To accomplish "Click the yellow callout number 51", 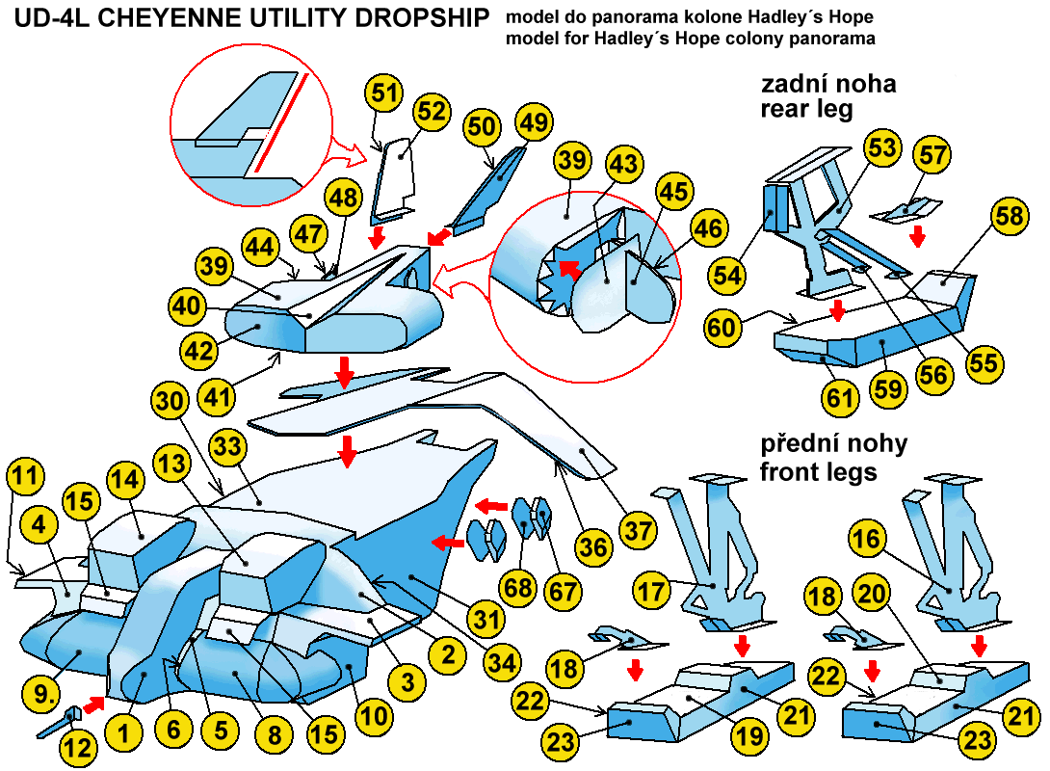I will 385,94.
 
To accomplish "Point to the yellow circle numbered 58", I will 1009,218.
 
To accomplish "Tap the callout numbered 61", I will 842,396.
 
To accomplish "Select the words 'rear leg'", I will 806,109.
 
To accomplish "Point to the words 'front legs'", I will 819,472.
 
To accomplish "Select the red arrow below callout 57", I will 918,234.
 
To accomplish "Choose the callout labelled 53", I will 881,149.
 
